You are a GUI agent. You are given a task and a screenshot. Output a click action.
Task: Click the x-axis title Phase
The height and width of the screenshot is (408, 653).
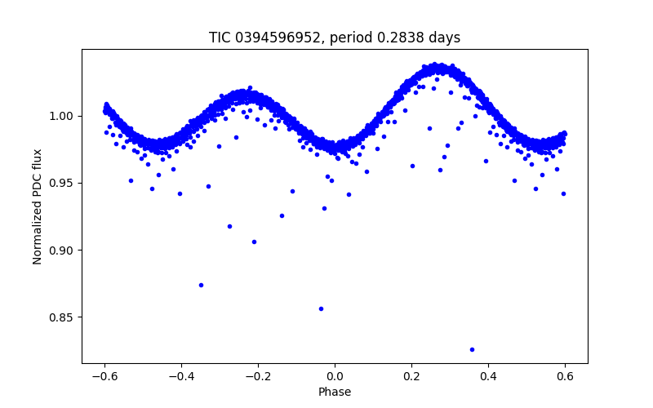(x=335, y=392)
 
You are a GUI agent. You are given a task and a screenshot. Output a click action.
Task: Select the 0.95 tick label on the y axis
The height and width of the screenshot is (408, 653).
(x=63, y=183)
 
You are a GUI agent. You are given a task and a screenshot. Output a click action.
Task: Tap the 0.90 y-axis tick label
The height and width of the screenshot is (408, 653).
(x=63, y=250)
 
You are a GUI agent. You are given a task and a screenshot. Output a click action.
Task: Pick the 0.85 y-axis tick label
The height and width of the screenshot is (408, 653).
(x=63, y=317)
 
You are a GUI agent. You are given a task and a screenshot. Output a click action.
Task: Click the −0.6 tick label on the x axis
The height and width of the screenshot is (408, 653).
(x=104, y=376)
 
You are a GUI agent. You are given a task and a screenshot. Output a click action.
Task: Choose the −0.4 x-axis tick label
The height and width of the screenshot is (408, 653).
(x=181, y=376)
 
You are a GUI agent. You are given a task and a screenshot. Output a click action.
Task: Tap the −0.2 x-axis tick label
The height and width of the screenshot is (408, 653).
(x=258, y=376)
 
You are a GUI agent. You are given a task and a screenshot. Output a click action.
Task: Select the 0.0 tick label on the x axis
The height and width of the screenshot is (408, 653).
(x=335, y=376)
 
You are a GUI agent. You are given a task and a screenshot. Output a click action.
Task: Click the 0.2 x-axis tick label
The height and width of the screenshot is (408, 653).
(x=411, y=376)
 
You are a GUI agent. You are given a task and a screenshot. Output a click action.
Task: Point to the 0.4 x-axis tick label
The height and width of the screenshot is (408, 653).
(x=488, y=376)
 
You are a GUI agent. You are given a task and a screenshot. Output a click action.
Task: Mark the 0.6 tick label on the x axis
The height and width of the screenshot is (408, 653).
(x=565, y=376)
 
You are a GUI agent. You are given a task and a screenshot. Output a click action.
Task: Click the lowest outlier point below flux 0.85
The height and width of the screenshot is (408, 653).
(x=472, y=349)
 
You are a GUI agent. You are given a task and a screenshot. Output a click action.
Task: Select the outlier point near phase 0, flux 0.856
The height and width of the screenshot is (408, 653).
(x=321, y=308)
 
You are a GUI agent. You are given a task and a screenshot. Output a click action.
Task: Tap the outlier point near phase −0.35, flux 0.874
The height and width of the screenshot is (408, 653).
(x=201, y=285)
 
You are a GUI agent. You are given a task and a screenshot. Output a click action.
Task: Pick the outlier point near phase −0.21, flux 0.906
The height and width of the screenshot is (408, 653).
(x=254, y=242)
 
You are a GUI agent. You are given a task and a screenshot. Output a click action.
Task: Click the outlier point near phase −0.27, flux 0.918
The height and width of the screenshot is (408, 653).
(x=229, y=226)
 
